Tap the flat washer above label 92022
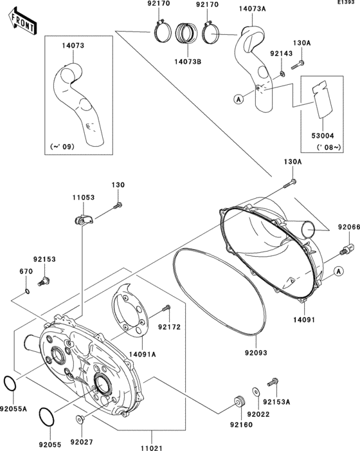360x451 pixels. (x=256, y=391)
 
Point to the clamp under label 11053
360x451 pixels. (x=82, y=219)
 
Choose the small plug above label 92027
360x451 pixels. (x=80, y=420)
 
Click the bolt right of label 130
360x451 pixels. (x=118, y=205)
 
